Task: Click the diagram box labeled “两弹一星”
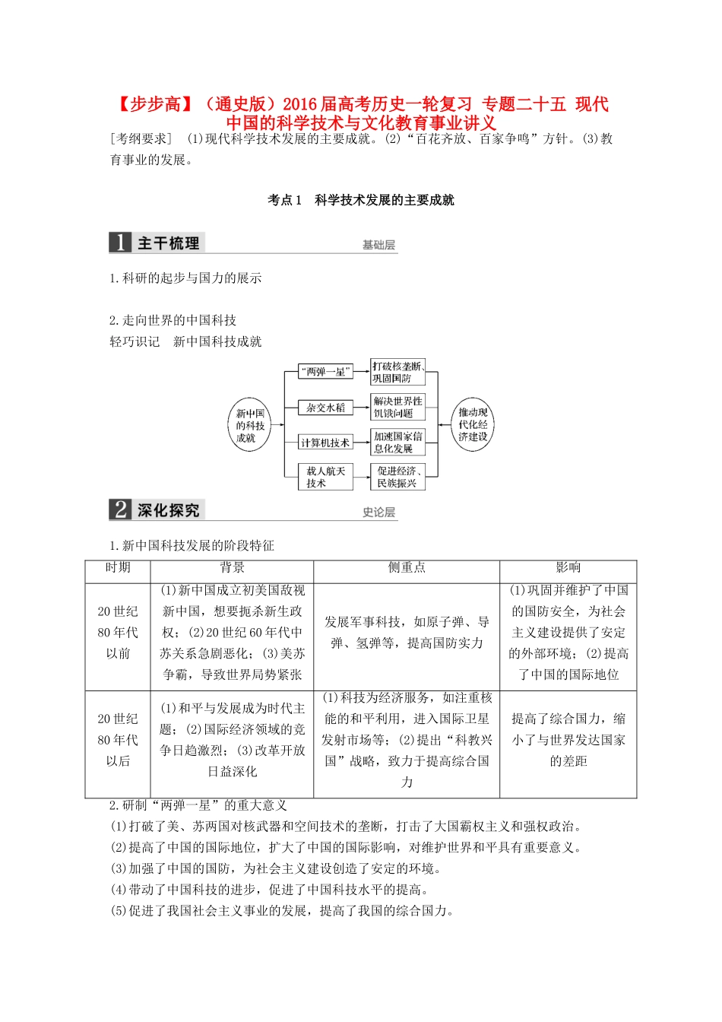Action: coord(325,372)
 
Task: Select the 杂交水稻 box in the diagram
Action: coord(325,408)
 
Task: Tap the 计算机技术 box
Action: coord(325,443)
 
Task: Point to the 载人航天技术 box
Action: coord(325,477)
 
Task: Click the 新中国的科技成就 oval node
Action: coord(250,426)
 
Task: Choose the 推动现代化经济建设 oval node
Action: coord(473,425)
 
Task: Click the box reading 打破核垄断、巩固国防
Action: coord(397,372)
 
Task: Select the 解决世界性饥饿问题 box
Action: coord(397,407)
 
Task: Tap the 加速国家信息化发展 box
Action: coord(397,442)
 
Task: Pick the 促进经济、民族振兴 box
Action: coord(397,477)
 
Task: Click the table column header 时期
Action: coord(118,567)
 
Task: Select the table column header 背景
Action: coord(232,567)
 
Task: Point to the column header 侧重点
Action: coord(407,567)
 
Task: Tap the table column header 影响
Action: coord(568,567)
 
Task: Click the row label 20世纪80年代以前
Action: coord(118,632)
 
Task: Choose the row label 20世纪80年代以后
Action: coord(118,740)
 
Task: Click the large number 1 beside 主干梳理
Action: coord(120,243)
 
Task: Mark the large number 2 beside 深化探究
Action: coord(120,509)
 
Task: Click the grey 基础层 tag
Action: coord(378,245)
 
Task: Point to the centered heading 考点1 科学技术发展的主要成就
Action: coord(361,200)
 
